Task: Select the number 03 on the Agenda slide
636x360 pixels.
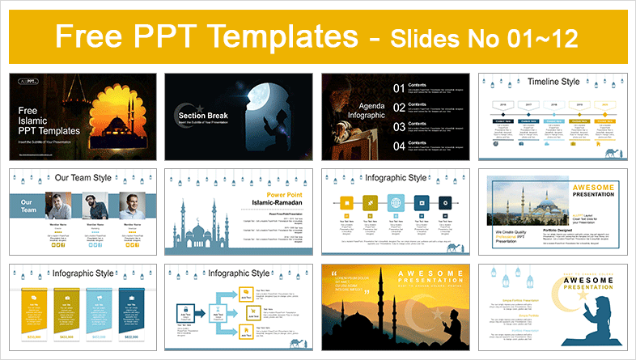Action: click(x=399, y=126)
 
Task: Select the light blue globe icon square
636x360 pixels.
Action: click(x=396, y=202)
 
